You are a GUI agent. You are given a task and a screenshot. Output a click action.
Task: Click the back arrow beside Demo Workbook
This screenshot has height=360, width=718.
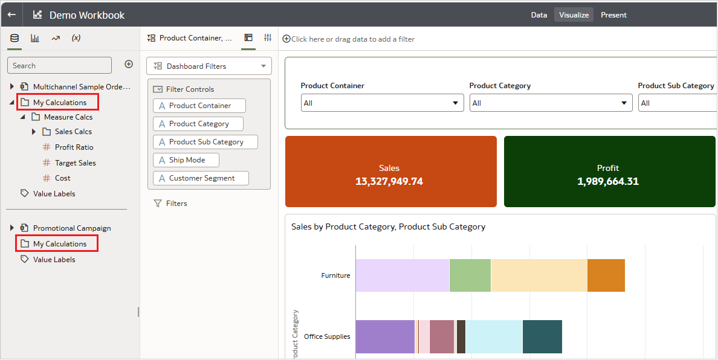pyautogui.click(x=11, y=15)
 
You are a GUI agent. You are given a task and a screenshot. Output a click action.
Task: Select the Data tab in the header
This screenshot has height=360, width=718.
pyautogui.click(x=538, y=15)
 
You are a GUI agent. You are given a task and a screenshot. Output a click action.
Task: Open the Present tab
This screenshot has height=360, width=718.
pyautogui.click(x=613, y=15)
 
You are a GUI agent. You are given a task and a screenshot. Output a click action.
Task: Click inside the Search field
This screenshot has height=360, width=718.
pyautogui.click(x=59, y=65)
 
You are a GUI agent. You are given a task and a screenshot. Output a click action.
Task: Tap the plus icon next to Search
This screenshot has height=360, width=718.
pyautogui.click(x=129, y=64)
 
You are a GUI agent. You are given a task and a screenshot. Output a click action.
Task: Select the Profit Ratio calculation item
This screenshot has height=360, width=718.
pyautogui.click(x=74, y=147)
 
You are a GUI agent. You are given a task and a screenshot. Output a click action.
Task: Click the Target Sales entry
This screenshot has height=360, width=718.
pyautogui.click(x=75, y=163)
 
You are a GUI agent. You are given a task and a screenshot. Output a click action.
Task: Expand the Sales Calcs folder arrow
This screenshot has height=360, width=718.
pyautogui.click(x=34, y=132)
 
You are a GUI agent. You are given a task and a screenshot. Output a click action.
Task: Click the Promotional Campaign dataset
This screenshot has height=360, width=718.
pyautogui.click(x=71, y=228)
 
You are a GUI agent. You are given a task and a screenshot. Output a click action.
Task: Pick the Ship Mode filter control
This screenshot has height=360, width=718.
pyautogui.click(x=186, y=160)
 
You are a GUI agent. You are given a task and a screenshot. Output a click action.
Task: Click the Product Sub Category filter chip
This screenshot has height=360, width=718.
pyautogui.click(x=205, y=142)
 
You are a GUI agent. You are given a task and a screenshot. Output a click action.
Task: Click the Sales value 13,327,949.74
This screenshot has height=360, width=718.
pyautogui.click(x=389, y=181)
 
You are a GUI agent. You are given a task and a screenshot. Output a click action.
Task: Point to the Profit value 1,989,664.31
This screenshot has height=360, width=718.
pyautogui.click(x=608, y=181)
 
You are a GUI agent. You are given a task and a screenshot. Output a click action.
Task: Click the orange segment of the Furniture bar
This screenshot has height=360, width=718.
pyautogui.click(x=606, y=275)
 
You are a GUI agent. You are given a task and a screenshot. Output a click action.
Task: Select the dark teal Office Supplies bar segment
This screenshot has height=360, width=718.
pyautogui.click(x=542, y=337)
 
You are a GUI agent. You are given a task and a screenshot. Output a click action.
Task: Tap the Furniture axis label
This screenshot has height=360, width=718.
pyautogui.click(x=335, y=275)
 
